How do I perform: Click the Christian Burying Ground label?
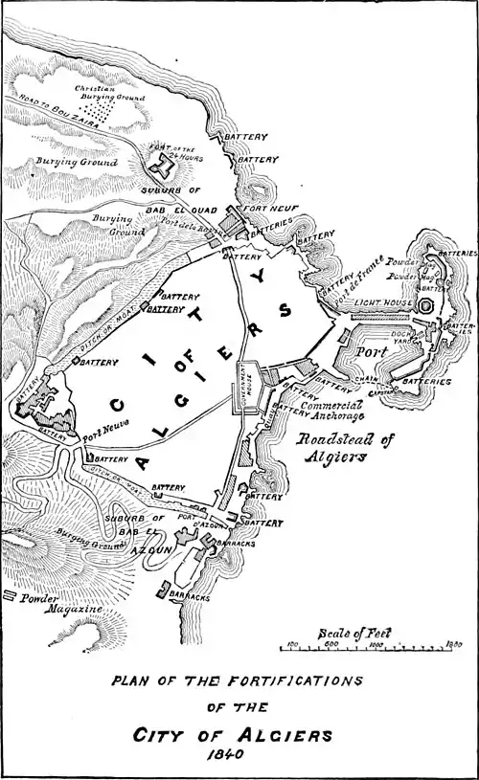coord(110,93)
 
